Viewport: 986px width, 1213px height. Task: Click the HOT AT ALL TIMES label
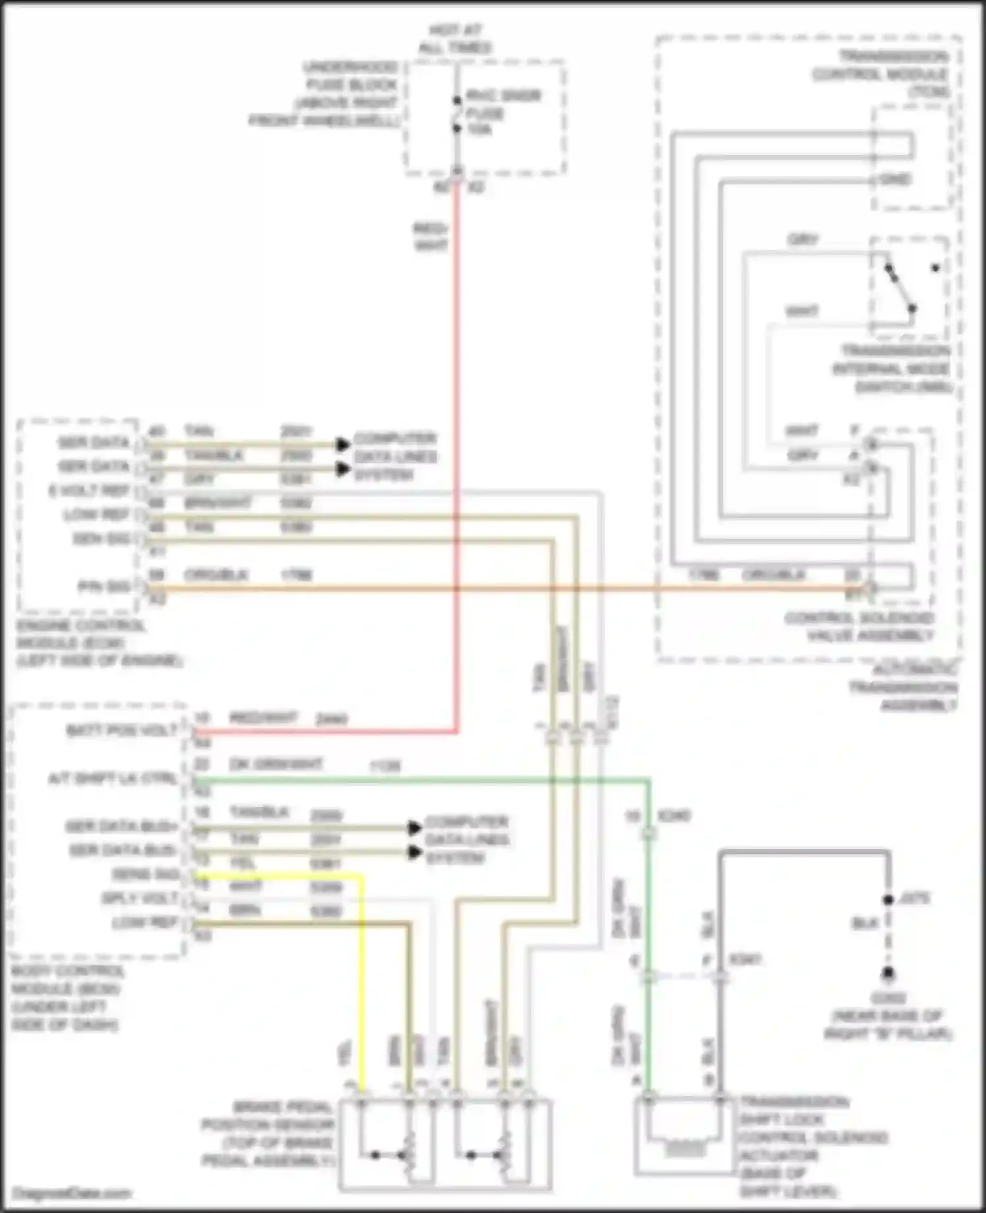point(456,39)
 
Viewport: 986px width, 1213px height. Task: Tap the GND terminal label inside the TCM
point(895,179)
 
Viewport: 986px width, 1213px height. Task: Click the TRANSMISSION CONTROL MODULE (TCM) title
point(881,74)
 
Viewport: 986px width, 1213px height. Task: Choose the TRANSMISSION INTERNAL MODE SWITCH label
point(893,369)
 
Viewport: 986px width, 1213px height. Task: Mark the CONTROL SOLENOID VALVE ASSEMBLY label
point(859,627)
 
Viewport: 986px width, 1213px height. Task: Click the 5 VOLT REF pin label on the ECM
point(89,491)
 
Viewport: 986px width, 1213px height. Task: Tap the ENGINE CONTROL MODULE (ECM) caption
point(99,643)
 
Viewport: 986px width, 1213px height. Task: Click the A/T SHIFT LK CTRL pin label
point(112,779)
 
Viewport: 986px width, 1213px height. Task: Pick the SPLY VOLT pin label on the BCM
point(139,898)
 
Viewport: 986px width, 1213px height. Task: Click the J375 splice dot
point(888,900)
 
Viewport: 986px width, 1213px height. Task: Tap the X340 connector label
point(674,816)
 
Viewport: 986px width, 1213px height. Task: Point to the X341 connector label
point(745,960)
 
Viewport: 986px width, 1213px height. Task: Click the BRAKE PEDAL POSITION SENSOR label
point(268,1133)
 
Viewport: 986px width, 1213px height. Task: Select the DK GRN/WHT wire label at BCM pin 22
point(275,764)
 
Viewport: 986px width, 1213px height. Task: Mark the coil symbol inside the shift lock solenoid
point(684,1149)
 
